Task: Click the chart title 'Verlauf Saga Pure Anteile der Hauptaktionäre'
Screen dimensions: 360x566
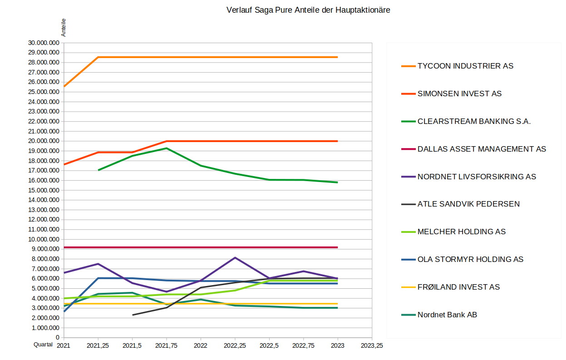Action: [308, 10]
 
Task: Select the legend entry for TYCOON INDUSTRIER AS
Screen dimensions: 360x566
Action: [465, 66]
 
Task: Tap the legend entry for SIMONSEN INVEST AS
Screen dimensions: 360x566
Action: [459, 94]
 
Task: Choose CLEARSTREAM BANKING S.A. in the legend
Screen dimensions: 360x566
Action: [474, 121]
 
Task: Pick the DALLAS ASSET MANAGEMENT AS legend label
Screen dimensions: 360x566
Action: [482, 149]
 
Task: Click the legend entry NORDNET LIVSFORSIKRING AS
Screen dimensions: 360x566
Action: [477, 177]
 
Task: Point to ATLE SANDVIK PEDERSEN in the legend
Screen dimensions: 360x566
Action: [468, 204]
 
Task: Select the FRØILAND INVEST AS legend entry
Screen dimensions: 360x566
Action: [458, 287]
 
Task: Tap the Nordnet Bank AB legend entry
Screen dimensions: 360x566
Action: [447, 315]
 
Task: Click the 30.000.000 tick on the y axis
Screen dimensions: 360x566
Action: [44, 43]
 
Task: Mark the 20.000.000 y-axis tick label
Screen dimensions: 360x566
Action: [44, 141]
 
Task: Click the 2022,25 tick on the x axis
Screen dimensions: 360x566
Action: [235, 345]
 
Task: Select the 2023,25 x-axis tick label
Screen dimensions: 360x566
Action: [372, 345]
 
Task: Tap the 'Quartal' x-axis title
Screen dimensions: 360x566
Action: [43, 345]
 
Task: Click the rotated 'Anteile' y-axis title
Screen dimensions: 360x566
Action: [64, 27]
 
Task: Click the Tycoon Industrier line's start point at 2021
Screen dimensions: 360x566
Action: [64, 86]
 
